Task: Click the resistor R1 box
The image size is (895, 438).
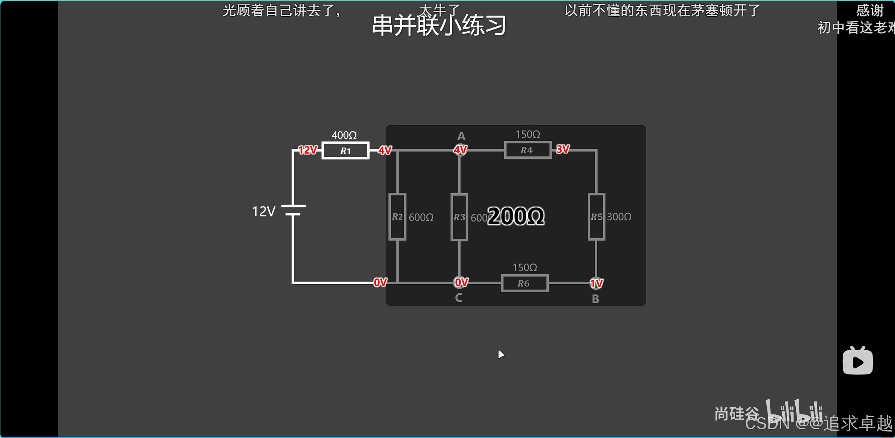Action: click(x=345, y=151)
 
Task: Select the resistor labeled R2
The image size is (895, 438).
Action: click(x=397, y=217)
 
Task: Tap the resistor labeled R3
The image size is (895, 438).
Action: click(x=459, y=217)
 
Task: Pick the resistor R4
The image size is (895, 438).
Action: click(x=527, y=150)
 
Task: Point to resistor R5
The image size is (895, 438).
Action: click(x=596, y=217)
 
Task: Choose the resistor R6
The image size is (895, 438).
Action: click(x=525, y=283)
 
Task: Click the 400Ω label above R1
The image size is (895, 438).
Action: click(x=344, y=135)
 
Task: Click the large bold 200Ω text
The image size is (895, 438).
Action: click(x=516, y=216)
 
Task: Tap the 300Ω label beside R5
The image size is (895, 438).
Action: click(x=619, y=217)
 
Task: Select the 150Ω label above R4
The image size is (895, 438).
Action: click(x=528, y=134)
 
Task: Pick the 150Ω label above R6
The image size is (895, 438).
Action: click(x=525, y=268)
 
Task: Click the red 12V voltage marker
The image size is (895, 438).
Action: click(x=308, y=150)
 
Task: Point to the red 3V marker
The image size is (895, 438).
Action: click(x=562, y=150)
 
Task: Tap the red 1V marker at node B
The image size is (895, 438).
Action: click(x=596, y=283)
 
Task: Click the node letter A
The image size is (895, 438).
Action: click(x=461, y=136)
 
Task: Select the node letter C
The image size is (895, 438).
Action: click(x=459, y=298)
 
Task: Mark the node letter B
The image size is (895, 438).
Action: click(x=595, y=299)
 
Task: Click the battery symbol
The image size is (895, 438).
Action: click(x=293, y=210)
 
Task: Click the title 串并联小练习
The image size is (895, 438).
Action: click(x=439, y=26)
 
